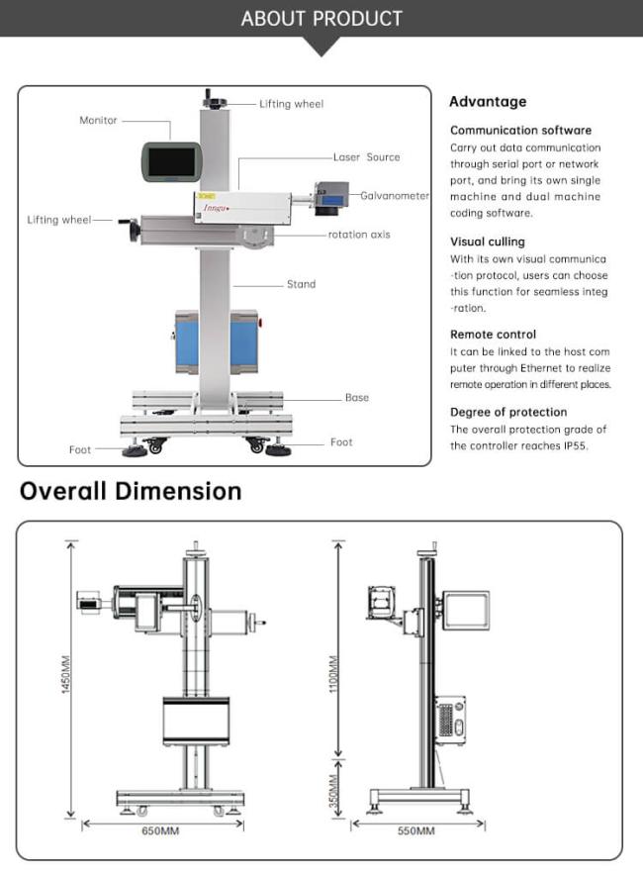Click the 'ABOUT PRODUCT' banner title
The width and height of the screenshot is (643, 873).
(x=321, y=18)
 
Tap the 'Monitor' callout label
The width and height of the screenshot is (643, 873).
(x=98, y=121)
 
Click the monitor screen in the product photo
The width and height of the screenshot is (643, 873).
(x=170, y=158)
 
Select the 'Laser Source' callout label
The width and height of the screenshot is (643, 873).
(x=366, y=157)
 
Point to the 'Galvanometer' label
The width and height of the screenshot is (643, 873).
(x=395, y=196)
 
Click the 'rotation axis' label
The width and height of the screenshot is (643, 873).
(x=359, y=235)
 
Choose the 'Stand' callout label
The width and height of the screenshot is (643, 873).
(x=301, y=284)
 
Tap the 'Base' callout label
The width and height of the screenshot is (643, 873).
(x=356, y=398)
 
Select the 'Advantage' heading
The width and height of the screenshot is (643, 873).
(x=488, y=102)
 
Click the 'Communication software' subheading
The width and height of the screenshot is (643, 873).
(x=520, y=131)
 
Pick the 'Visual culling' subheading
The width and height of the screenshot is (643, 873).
(x=488, y=242)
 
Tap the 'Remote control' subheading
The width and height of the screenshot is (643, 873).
(x=493, y=335)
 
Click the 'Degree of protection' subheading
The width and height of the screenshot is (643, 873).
(x=508, y=412)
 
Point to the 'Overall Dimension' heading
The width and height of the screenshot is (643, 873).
(x=131, y=491)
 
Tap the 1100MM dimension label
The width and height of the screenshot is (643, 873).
(x=333, y=673)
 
